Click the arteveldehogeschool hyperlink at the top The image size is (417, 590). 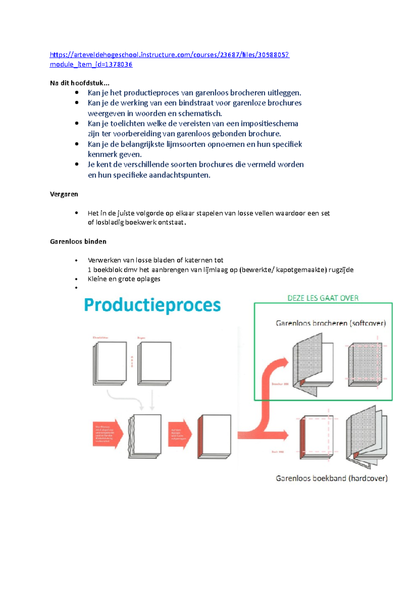tap(169, 55)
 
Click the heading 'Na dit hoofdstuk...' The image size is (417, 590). tap(80, 83)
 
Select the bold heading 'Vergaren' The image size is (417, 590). tap(64, 194)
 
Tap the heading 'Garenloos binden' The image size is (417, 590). tap(78, 241)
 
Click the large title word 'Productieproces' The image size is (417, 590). tap(152, 305)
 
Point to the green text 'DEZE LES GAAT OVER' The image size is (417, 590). tap(323, 298)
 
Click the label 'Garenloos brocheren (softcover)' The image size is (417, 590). tap(330, 323)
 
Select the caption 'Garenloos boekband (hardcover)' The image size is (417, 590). tap(332, 478)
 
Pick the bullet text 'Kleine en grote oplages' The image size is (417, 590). tap(124, 279)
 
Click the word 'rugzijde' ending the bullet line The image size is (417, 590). tap(341, 270)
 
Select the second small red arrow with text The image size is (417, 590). tap(180, 434)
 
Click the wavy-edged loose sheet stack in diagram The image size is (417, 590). tap(145, 436)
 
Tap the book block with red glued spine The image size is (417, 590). tap(214, 436)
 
